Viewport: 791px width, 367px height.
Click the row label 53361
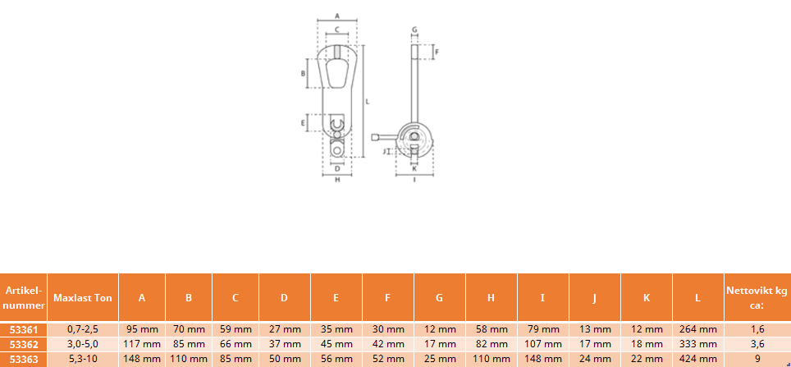(x=24, y=330)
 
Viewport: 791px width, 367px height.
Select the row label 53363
(x=24, y=360)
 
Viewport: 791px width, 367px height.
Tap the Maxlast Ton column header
(x=83, y=298)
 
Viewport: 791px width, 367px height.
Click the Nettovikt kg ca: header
(x=757, y=298)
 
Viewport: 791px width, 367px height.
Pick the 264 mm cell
(x=697, y=330)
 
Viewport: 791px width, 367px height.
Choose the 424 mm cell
(x=697, y=360)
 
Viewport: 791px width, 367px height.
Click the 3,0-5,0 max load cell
(x=83, y=345)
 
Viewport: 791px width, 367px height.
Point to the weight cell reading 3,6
(x=757, y=345)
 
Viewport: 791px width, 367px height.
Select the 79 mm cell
(x=543, y=330)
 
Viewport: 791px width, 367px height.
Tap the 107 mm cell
(x=543, y=345)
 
